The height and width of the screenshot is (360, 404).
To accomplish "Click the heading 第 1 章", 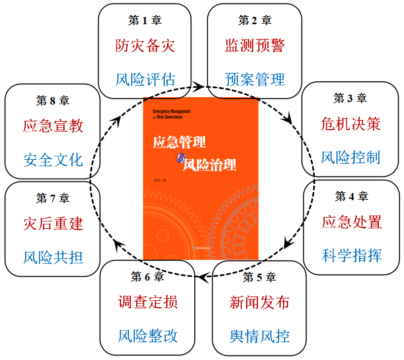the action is (145, 20).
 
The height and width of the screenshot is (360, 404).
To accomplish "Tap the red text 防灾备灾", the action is (145, 46).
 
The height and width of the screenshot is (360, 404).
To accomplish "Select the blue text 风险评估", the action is (145, 79).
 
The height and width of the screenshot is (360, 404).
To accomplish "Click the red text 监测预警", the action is (255, 46).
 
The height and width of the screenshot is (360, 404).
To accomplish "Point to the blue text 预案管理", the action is (255, 79).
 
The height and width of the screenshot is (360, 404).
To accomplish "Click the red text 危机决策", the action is (350, 124).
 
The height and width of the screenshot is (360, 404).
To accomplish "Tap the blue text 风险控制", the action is (350, 157).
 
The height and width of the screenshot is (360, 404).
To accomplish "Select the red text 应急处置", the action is (352, 222).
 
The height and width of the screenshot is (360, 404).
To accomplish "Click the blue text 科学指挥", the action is (352, 255).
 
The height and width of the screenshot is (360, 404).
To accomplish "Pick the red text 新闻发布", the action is (259, 302).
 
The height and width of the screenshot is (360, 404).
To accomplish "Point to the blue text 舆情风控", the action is (259, 336).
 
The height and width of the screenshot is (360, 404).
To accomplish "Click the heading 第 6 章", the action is (147, 277).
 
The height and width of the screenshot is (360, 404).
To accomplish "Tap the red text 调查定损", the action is (147, 302).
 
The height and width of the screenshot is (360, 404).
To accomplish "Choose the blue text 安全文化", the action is (53, 159).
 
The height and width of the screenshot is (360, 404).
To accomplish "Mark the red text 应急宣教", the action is (53, 126).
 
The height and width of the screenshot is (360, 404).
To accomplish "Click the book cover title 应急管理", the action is (179, 142).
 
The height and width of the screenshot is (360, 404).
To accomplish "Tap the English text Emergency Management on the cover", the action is (171, 111).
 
